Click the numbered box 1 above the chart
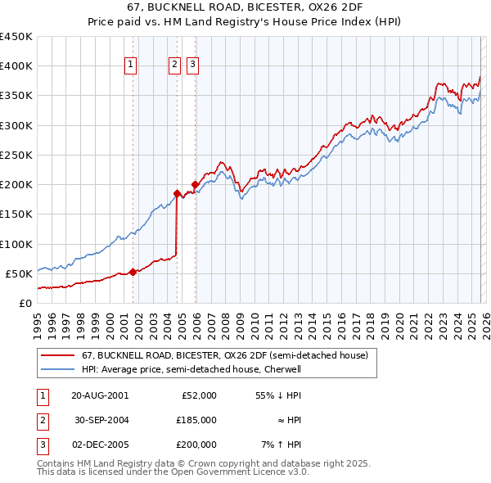pyautogui.click(x=131, y=66)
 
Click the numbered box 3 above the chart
pyautogui.click(x=192, y=66)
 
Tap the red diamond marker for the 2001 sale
pyautogui.click(x=133, y=272)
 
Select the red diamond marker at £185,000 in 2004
pyautogui.click(x=177, y=193)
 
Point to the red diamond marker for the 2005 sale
pyautogui.click(x=195, y=184)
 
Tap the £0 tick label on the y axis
pyautogui.click(x=25, y=303)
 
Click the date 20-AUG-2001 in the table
pyautogui.click(x=100, y=395)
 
